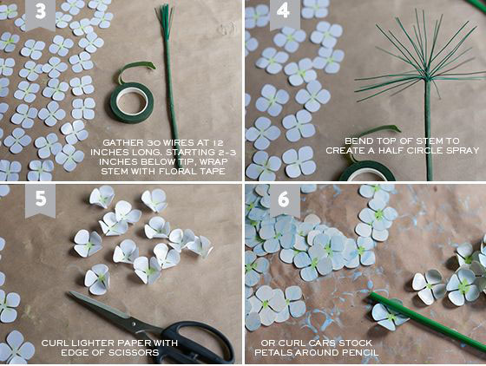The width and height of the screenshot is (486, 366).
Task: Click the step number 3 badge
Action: point(40,14)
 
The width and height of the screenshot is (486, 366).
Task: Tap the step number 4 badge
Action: point(285,14)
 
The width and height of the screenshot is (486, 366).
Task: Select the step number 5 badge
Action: point(40,200)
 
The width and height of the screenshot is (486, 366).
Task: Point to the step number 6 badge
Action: point(285,200)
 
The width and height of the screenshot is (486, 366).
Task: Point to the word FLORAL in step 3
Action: point(179,171)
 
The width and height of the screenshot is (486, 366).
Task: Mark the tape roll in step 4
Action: point(367,171)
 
